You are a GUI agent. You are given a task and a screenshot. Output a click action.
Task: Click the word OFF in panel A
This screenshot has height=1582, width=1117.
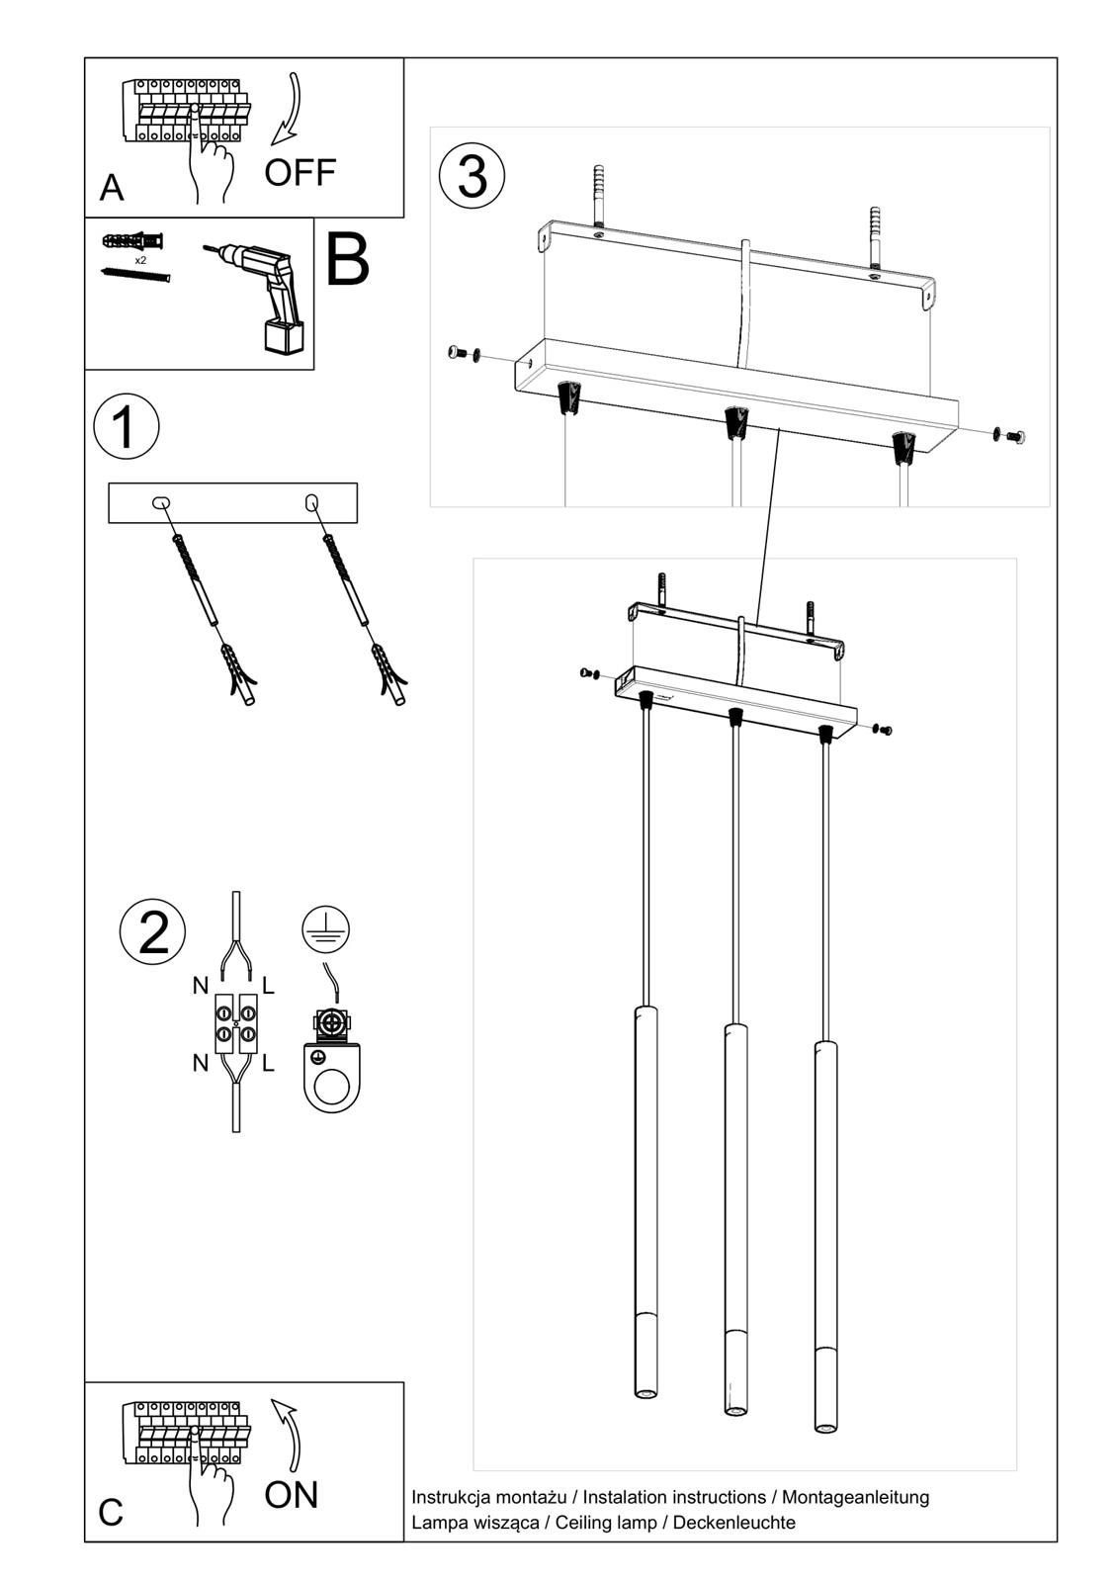(300, 173)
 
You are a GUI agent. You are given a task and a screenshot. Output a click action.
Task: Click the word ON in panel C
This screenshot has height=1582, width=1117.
(292, 1494)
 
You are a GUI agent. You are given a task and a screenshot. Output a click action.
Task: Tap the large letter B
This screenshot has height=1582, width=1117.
(347, 260)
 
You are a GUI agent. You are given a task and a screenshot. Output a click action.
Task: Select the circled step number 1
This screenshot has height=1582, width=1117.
(126, 427)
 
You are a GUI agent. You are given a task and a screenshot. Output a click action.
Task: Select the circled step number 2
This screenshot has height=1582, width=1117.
(152, 931)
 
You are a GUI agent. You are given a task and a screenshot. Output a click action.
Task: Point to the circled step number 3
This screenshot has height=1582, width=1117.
(473, 177)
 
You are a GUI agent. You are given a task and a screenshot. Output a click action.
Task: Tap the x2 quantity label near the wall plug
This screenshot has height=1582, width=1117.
(140, 260)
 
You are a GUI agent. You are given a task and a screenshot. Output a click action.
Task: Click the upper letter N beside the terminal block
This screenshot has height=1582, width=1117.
(201, 986)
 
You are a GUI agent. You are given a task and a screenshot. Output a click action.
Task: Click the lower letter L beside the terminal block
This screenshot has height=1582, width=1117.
(268, 1064)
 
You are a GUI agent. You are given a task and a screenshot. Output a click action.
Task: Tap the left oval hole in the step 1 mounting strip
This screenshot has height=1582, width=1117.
(161, 503)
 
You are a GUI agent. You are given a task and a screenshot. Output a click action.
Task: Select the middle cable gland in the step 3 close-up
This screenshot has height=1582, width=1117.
(735, 422)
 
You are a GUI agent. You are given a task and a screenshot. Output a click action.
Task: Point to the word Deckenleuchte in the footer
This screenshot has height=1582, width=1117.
(733, 1523)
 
